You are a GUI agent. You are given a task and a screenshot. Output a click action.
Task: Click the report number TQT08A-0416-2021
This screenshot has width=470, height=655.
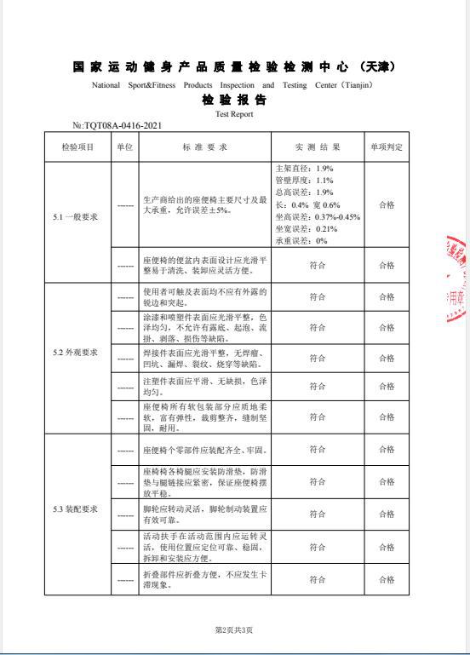(123, 125)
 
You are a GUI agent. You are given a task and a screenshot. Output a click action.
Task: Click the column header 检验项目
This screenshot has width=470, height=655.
(78, 147)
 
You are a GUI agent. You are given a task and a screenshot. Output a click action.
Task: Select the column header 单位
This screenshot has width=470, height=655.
(125, 147)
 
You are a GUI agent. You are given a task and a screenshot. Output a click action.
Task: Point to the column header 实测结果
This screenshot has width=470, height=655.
(317, 147)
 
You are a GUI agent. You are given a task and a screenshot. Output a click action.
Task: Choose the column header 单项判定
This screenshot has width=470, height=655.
(386, 147)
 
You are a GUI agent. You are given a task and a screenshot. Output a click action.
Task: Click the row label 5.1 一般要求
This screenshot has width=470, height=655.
(76, 216)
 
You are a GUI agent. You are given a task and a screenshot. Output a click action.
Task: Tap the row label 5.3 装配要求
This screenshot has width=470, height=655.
(76, 509)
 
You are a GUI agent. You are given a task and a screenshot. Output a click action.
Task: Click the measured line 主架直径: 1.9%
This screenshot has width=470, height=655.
(305, 169)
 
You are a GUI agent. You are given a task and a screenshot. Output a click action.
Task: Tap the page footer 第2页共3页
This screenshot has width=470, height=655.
(234, 629)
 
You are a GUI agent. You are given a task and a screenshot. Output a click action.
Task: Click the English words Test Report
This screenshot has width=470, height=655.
(234, 113)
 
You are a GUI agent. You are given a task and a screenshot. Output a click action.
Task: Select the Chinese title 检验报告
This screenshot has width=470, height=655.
(234, 101)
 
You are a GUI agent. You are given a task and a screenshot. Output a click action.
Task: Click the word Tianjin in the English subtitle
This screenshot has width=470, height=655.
(351, 85)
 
